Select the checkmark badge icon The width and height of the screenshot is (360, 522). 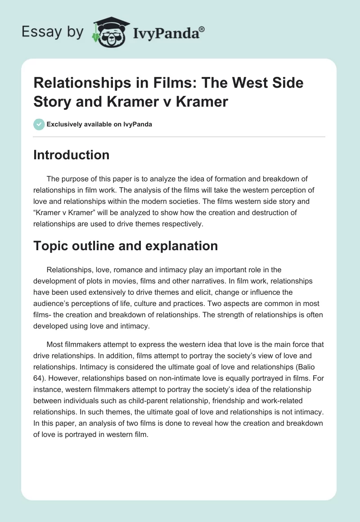click(x=39, y=124)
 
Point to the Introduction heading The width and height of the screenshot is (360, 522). click(x=72, y=155)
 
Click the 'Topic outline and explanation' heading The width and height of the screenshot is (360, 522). click(x=126, y=246)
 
